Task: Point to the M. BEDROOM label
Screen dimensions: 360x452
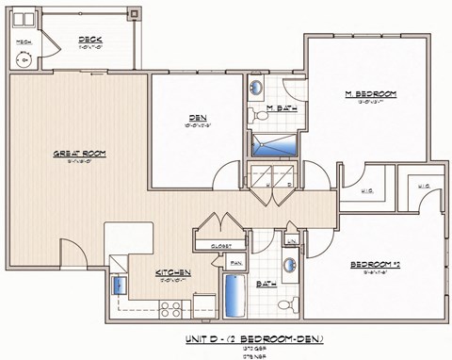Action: pos(369,94)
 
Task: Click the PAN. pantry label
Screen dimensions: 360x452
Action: pos(236,263)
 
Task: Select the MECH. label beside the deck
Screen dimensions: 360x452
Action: pos(21,41)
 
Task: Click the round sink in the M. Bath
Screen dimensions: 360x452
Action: pos(257,89)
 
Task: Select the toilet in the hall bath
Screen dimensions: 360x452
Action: pos(290,304)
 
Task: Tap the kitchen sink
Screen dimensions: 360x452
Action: pos(119,284)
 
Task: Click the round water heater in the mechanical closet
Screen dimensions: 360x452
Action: pos(24,59)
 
